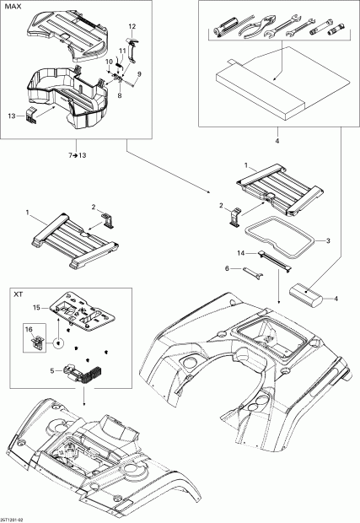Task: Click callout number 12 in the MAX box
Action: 132,27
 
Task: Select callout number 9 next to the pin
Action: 140,75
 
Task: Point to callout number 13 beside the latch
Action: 11,114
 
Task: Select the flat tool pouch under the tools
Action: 261,84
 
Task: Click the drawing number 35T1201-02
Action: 15,518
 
